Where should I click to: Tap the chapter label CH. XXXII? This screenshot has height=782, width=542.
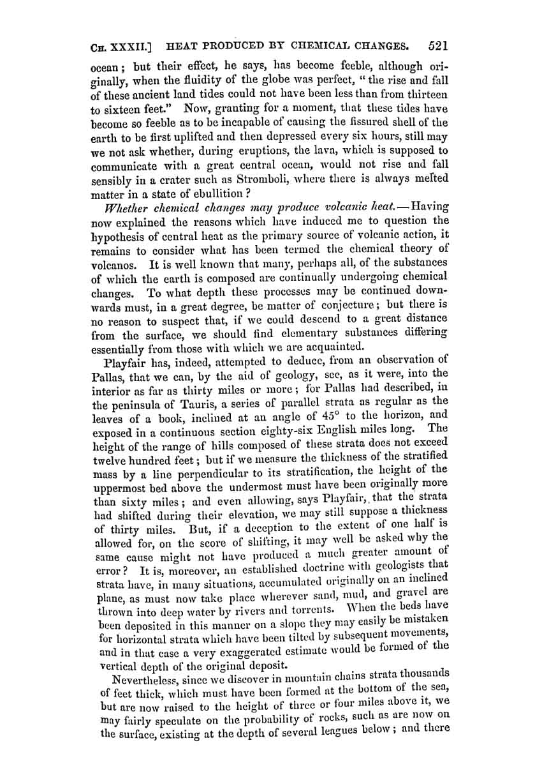(121, 47)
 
